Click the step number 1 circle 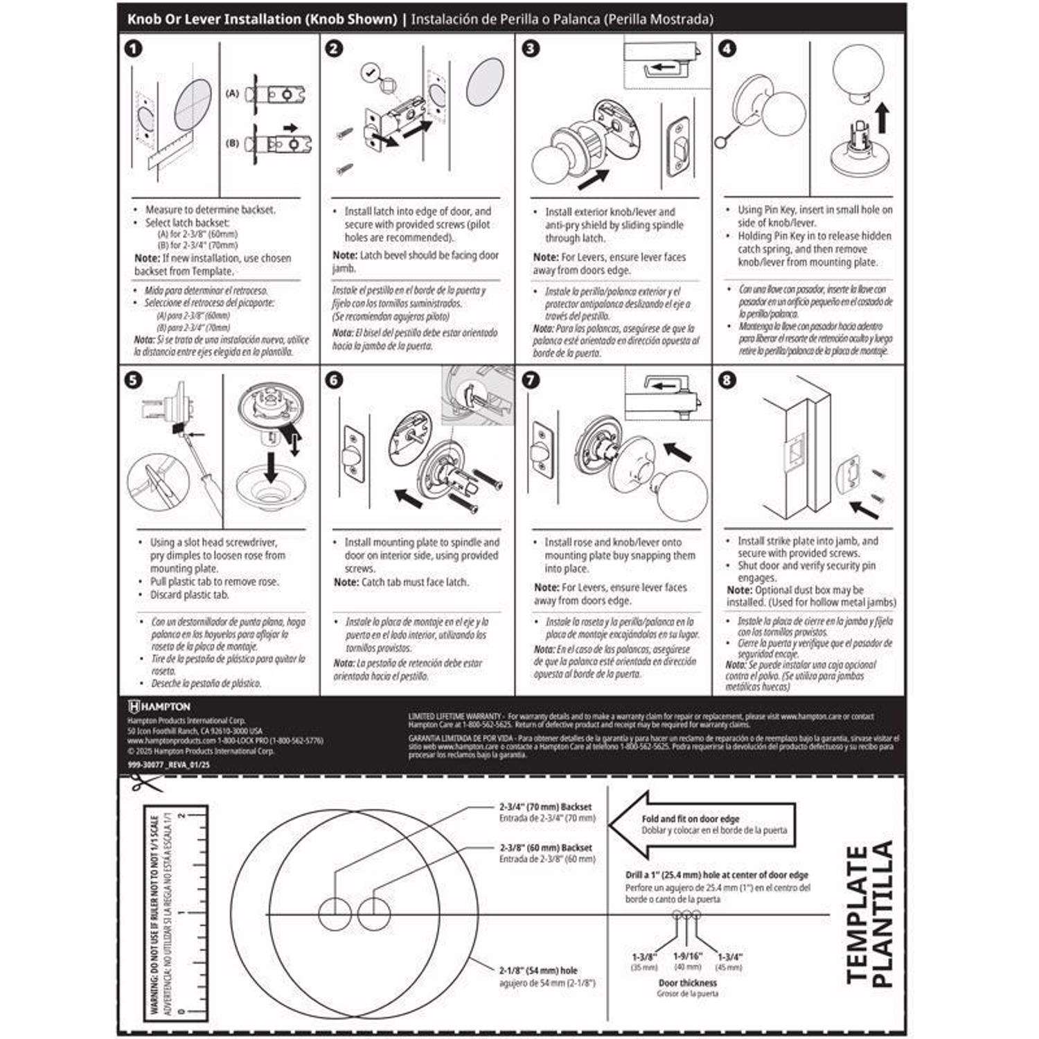coord(133,48)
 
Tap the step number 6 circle coord(334,380)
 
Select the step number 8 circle coord(727,380)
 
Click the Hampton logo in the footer coord(159,707)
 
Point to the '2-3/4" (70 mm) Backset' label coord(546,807)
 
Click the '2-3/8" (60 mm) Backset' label coord(546,848)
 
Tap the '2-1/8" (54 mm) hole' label coord(538,970)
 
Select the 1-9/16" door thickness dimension coord(687,957)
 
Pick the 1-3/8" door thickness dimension coord(644,957)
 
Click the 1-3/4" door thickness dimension coord(730,957)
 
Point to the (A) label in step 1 coord(232,93)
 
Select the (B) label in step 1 coord(232,143)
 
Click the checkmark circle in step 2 coord(371,71)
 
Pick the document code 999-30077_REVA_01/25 coord(169,765)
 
